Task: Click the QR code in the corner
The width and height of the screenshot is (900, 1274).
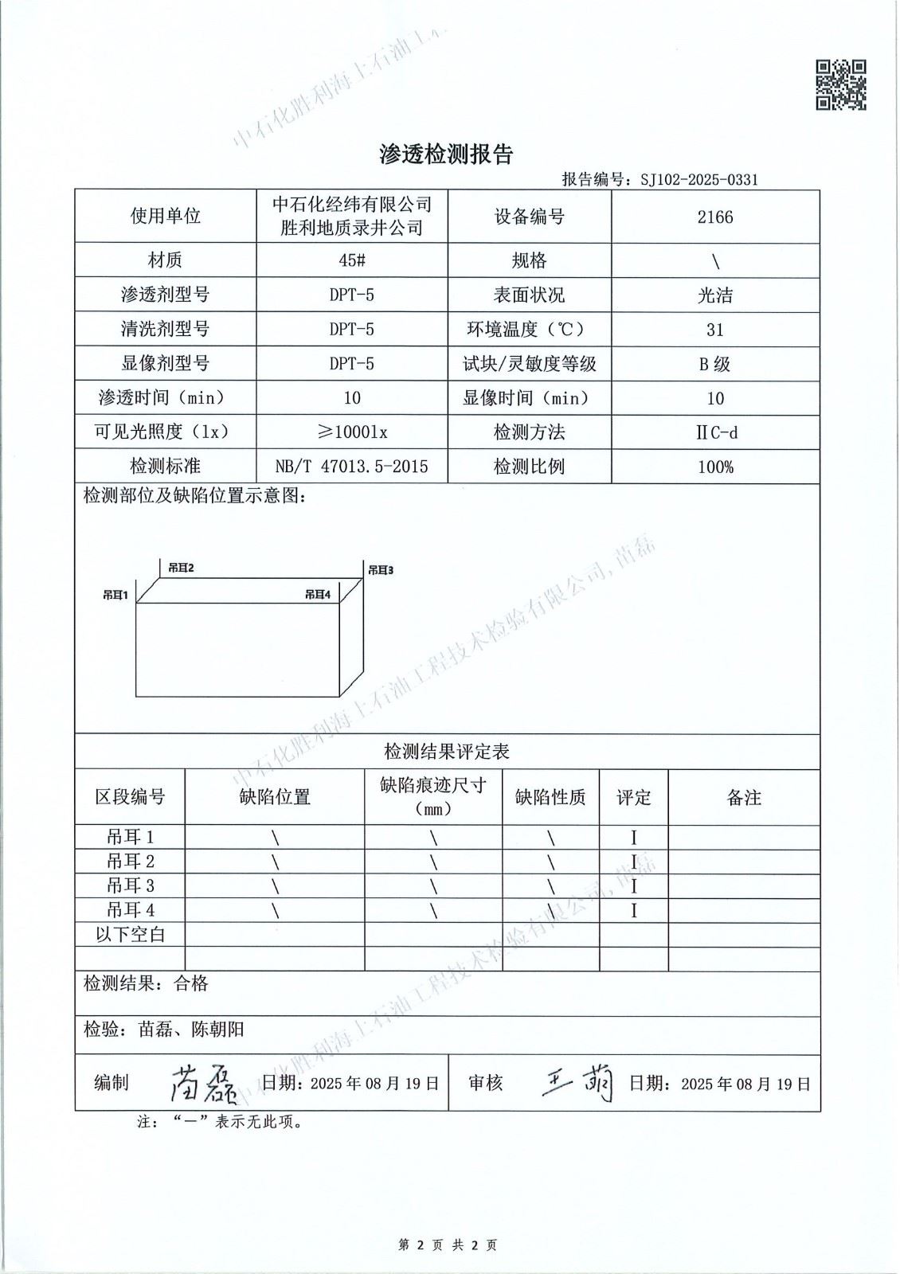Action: (x=841, y=84)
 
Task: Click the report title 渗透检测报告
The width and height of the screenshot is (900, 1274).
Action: (x=446, y=154)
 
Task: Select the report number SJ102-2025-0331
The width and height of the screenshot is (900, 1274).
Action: (x=698, y=179)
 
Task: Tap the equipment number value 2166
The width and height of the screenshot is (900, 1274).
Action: (x=714, y=217)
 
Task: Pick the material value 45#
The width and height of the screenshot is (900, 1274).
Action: (x=351, y=260)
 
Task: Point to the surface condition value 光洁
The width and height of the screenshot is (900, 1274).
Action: (x=714, y=295)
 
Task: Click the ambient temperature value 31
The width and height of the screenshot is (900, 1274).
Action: (x=714, y=330)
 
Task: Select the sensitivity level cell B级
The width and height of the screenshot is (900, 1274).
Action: (x=714, y=364)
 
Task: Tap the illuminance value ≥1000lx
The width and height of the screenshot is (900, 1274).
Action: (x=351, y=432)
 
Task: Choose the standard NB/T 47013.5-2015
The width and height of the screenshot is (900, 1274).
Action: (x=351, y=467)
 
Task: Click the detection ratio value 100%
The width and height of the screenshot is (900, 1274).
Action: (x=714, y=467)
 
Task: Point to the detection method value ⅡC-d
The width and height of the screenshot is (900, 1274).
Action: (x=714, y=432)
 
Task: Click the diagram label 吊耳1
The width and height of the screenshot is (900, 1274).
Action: (x=116, y=594)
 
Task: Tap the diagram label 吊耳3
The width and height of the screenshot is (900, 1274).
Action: (x=381, y=570)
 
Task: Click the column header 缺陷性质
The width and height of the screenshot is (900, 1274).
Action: (x=550, y=797)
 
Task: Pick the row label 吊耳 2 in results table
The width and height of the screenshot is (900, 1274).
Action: (x=131, y=862)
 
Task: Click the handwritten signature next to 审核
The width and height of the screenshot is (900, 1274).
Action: (x=577, y=1083)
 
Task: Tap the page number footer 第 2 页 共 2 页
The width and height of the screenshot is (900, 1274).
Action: (x=448, y=1245)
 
